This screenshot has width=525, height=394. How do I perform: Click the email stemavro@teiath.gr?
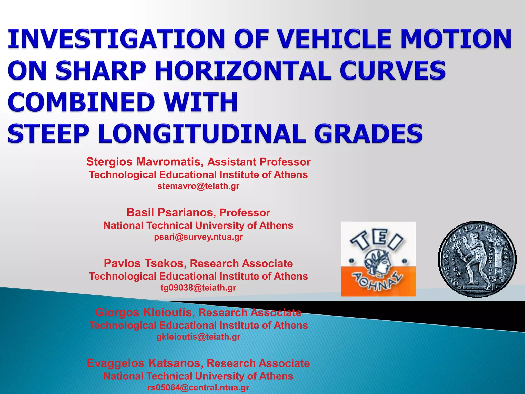(x=198, y=186)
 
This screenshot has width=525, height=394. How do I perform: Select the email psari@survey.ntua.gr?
(x=198, y=237)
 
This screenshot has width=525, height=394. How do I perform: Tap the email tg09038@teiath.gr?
(x=198, y=288)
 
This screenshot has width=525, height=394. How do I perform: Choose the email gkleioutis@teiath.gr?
(x=198, y=337)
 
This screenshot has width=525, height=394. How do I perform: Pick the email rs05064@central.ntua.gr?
(x=198, y=387)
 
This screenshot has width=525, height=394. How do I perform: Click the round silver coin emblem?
(x=477, y=259)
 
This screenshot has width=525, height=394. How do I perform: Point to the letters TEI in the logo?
(x=377, y=240)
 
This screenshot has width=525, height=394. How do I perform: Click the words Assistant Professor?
(x=259, y=162)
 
